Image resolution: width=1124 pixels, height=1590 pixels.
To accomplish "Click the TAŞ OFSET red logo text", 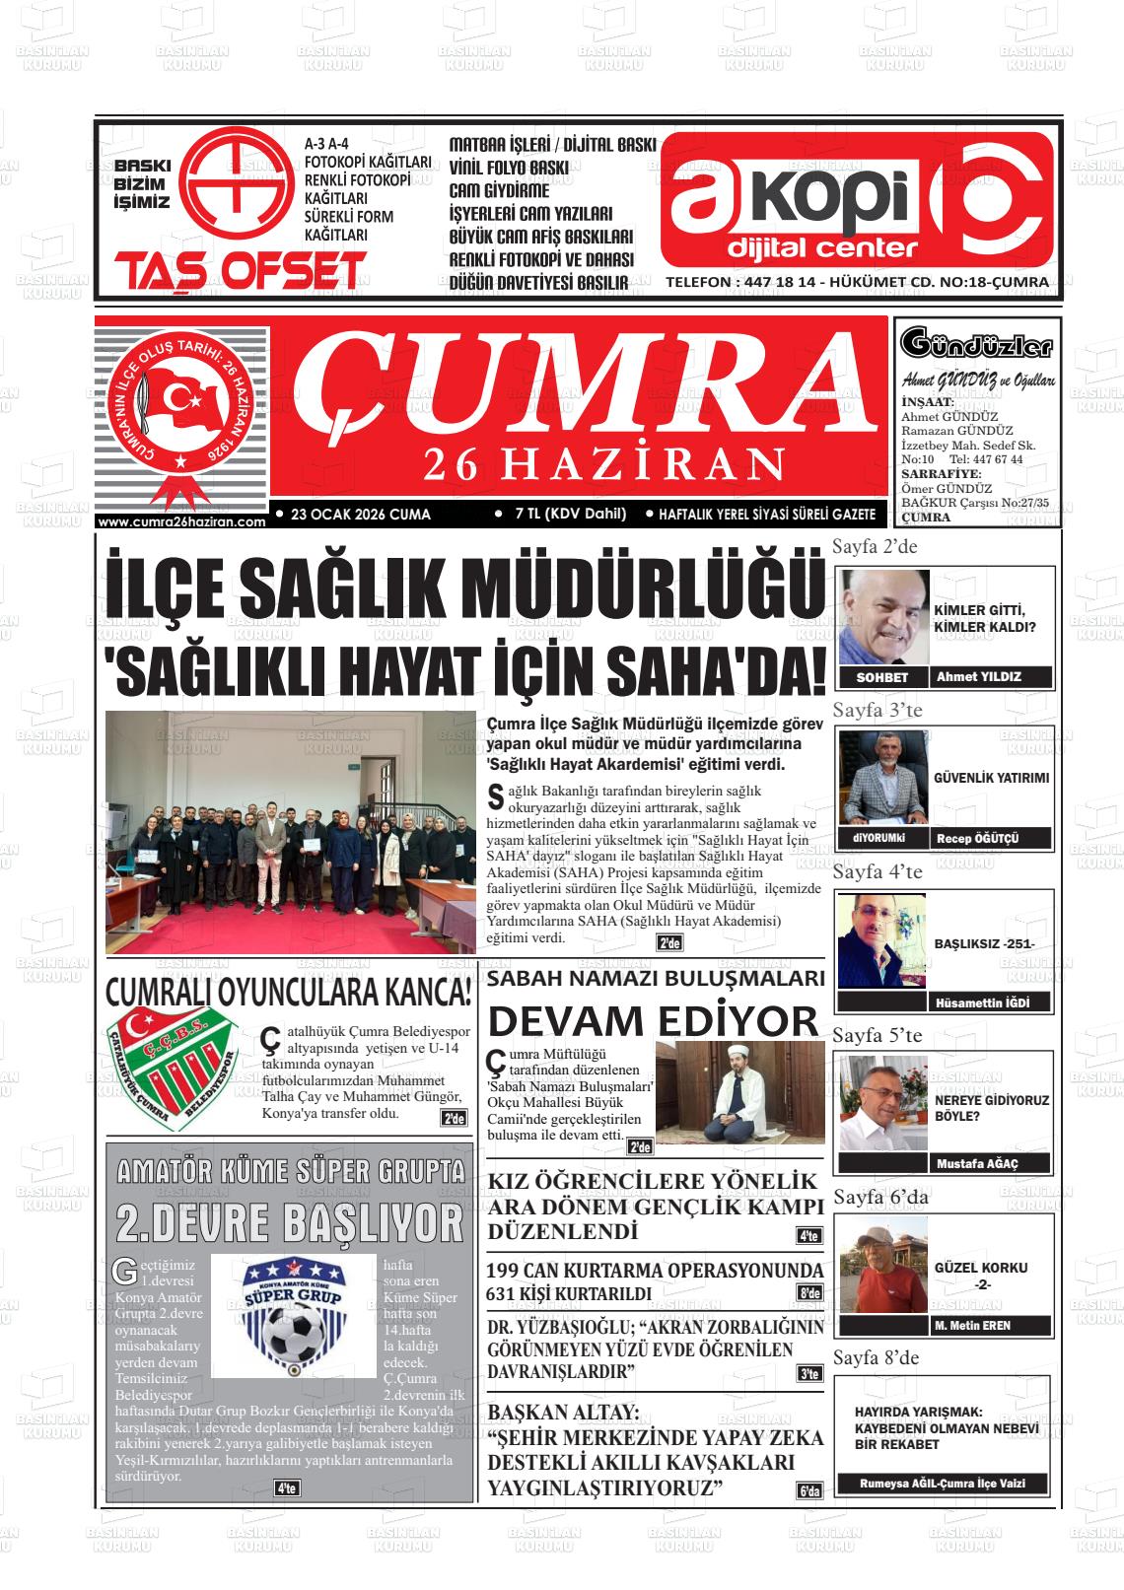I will (241, 270).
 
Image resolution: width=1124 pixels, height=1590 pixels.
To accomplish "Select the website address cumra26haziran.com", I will (182, 522).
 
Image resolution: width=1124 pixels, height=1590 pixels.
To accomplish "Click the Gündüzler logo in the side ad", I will (976, 346).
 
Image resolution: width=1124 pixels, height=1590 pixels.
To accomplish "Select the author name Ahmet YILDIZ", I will (978, 677).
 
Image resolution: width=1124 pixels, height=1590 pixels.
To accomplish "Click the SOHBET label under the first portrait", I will (882, 678).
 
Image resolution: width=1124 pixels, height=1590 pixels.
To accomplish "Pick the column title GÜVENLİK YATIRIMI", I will (991, 778).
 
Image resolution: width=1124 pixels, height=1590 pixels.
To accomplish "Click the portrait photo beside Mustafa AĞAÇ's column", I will (884, 1101).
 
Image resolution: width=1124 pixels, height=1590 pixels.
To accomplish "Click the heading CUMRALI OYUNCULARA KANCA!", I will (288, 991).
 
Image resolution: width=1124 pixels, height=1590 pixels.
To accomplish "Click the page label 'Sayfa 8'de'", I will (876, 1358).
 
